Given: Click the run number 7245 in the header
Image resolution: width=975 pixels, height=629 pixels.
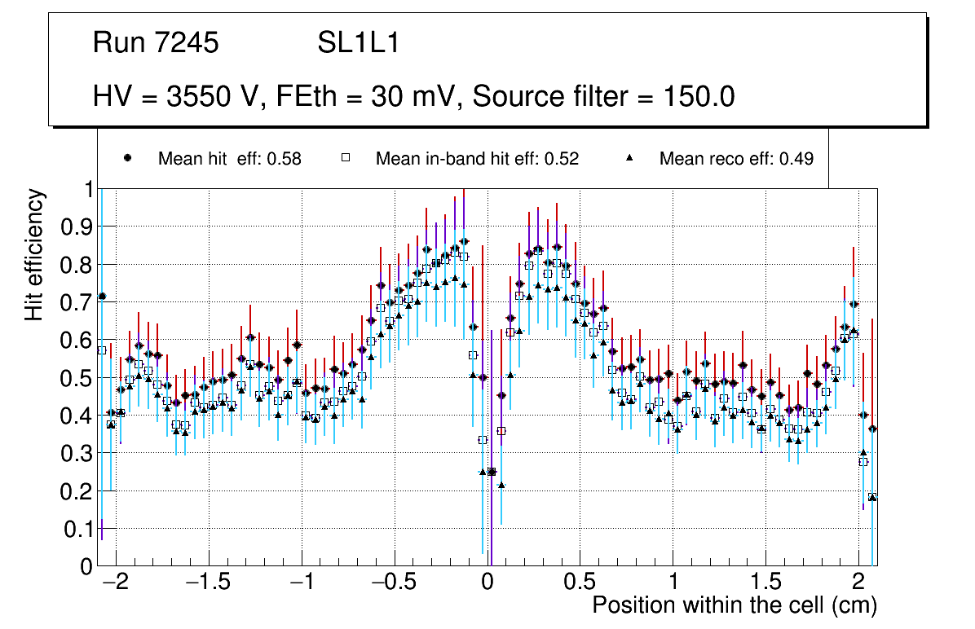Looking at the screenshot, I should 187,43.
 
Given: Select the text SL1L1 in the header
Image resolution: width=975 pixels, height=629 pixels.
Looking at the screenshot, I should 358,43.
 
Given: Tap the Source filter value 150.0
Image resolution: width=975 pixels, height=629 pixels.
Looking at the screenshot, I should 697,97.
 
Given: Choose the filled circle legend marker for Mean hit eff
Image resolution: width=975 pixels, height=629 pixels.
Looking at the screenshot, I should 127,158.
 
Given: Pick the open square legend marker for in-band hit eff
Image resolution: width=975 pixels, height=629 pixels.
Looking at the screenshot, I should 345,158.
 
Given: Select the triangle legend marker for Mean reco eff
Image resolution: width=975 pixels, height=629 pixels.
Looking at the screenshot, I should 629,158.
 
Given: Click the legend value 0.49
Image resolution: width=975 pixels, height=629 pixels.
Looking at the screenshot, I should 796,159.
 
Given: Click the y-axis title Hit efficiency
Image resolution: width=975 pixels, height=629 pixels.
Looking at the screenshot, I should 34,254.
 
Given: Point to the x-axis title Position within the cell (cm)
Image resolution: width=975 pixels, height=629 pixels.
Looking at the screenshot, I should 735,605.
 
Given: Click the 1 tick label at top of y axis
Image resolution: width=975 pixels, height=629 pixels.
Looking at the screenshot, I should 87,189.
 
